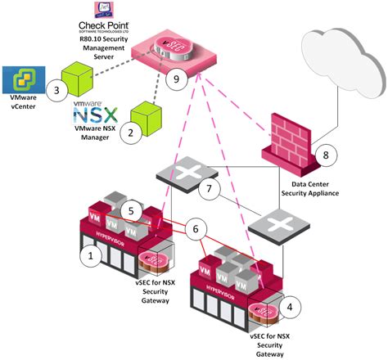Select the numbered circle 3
pyautogui.click(x=56, y=90)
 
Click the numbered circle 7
pyautogui.click(x=212, y=190)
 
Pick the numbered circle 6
pyautogui.click(x=194, y=231)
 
